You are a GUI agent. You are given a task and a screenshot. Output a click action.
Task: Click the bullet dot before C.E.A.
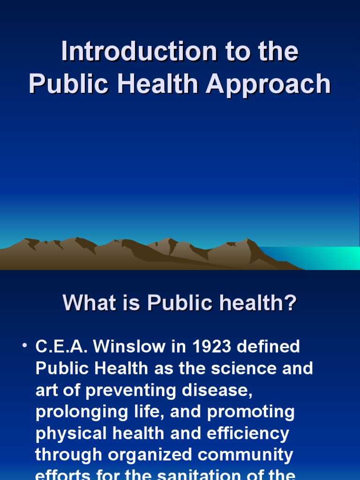(24, 346)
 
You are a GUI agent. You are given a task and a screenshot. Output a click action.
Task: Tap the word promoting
(251, 412)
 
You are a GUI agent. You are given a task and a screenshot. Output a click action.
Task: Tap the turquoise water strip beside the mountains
(323, 258)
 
